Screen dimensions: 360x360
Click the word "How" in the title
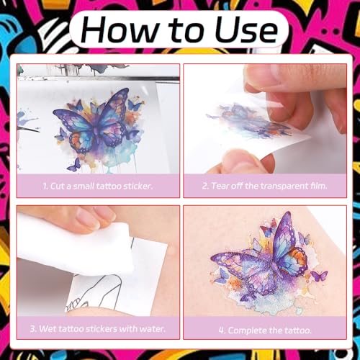[x=117, y=30]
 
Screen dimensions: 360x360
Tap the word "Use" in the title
[x=246, y=30]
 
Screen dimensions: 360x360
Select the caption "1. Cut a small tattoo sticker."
[x=98, y=186]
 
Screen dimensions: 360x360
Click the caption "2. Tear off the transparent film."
[x=265, y=186]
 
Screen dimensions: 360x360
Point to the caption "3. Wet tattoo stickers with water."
[x=98, y=328]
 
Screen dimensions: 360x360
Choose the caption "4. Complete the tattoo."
[x=265, y=330]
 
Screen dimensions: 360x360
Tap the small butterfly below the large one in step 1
[x=75, y=165]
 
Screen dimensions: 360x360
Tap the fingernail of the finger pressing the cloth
[x=87, y=218]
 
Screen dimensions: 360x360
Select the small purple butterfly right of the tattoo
[x=319, y=276]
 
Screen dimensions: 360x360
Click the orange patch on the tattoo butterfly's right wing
[x=300, y=259]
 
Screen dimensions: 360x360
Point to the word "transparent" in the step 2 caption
[x=284, y=186]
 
